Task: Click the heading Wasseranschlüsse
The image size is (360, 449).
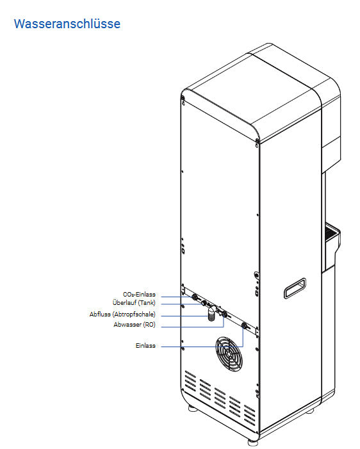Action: (x=67, y=24)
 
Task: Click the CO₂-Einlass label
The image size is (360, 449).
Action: (x=139, y=295)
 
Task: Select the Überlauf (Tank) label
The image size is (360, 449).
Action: (x=134, y=303)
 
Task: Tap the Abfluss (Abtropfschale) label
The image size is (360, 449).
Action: (x=122, y=314)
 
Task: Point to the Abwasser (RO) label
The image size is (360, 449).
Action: (x=135, y=325)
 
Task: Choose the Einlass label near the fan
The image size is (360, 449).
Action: (x=145, y=346)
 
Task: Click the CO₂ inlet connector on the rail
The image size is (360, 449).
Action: (x=195, y=297)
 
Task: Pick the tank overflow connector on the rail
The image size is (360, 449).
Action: (x=204, y=303)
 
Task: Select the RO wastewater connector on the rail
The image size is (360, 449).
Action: (x=224, y=314)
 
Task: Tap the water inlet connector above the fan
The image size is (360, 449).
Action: (x=244, y=325)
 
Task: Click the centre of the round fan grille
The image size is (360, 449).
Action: (x=229, y=354)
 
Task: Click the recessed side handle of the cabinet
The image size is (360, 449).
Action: (x=295, y=288)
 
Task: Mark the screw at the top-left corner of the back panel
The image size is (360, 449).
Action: (x=183, y=99)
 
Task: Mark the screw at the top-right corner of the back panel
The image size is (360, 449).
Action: (x=257, y=141)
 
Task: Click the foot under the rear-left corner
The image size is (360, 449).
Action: (x=193, y=408)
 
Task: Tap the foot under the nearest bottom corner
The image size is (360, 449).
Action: (x=252, y=443)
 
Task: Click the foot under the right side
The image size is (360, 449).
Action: (x=309, y=411)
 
